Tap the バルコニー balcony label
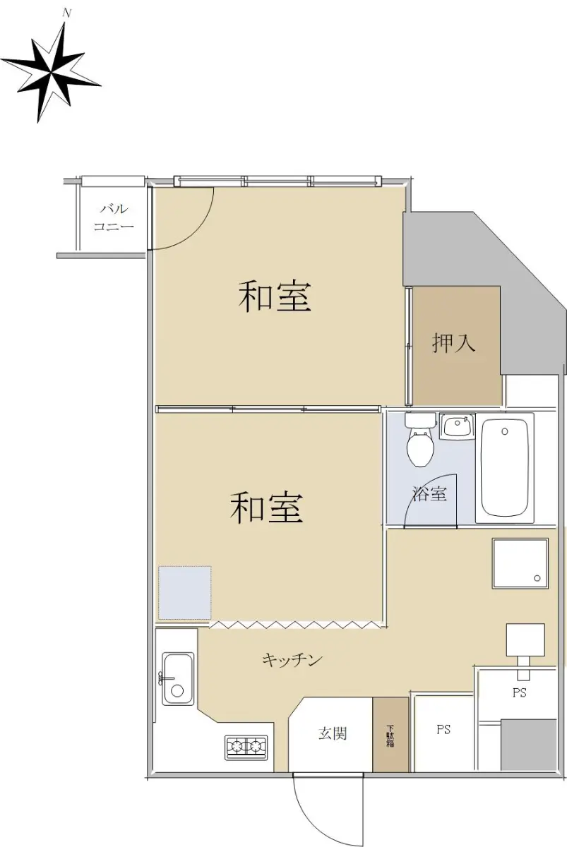(x=114, y=218)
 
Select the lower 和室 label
(x=267, y=507)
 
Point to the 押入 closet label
(x=453, y=343)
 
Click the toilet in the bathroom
(x=420, y=440)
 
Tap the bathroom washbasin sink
(x=457, y=426)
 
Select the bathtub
(x=505, y=468)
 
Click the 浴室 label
(x=429, y=493)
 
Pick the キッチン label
(x=292, y=660)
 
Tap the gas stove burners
(x=246, y=747)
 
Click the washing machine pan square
(x=520, y=563)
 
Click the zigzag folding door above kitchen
(x=295, y=625)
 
